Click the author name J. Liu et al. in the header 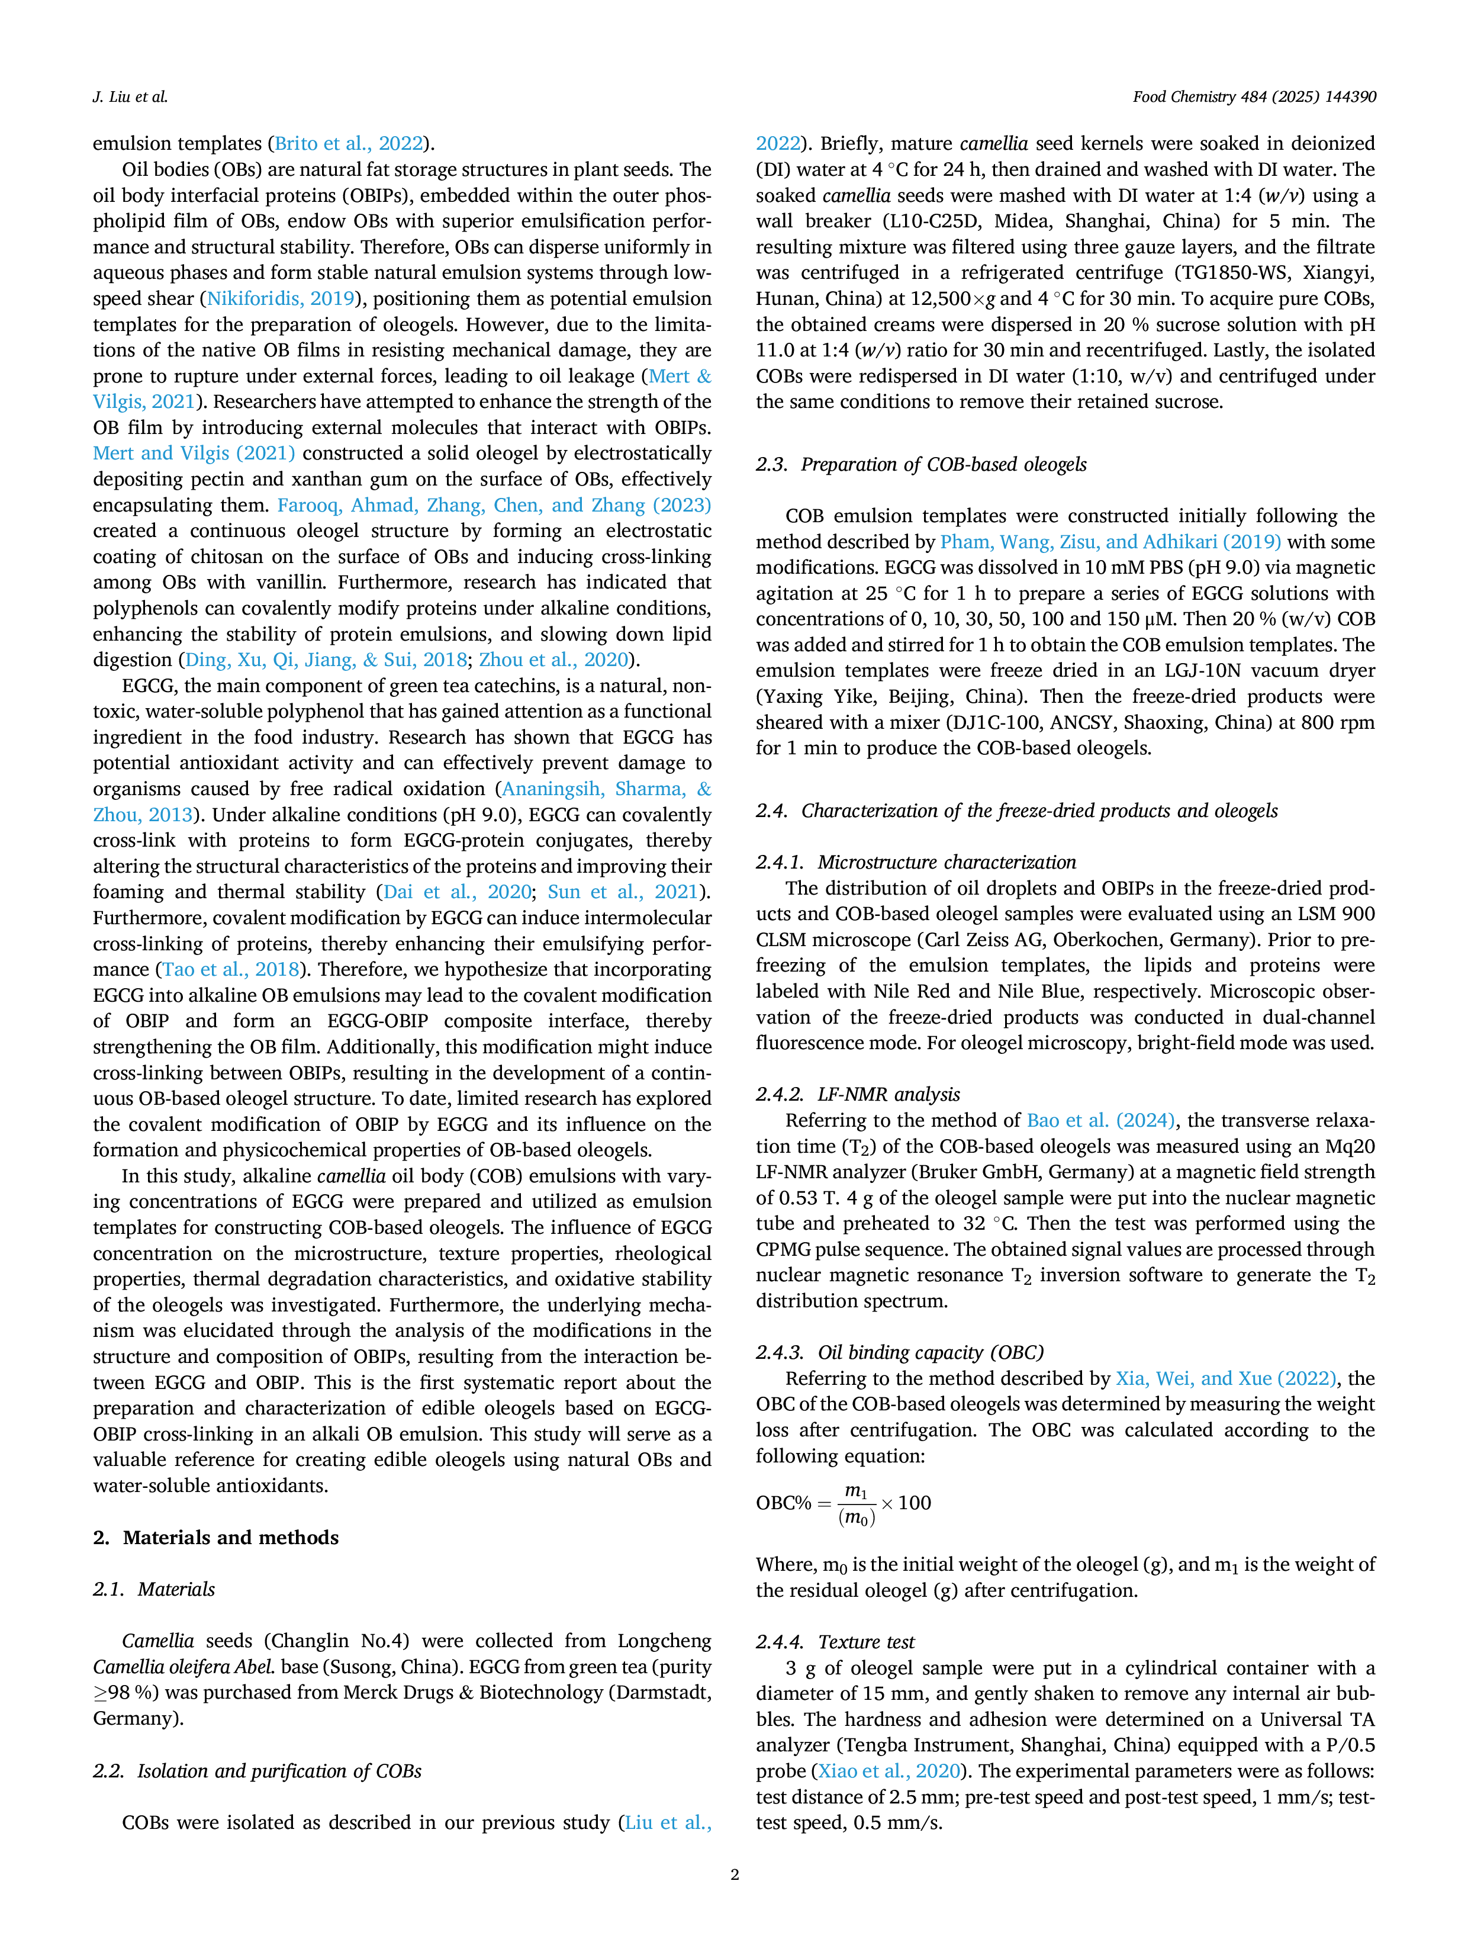tap(130, 97)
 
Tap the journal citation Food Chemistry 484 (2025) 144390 tap(1254, 97)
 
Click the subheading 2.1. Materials tap(154, 1589)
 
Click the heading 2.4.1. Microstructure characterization tap(916, 862)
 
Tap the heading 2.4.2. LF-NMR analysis tap(858, 1094)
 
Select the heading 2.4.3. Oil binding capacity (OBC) tap(900, 1352)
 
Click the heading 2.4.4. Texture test tap(835, 1642)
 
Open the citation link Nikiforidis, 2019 tap(281, 298)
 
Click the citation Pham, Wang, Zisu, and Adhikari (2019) tap(1110, 542)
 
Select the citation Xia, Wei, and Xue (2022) tap(1225, 1378)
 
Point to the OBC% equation tap(844, 1503)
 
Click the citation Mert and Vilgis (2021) tap(194, 453)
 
